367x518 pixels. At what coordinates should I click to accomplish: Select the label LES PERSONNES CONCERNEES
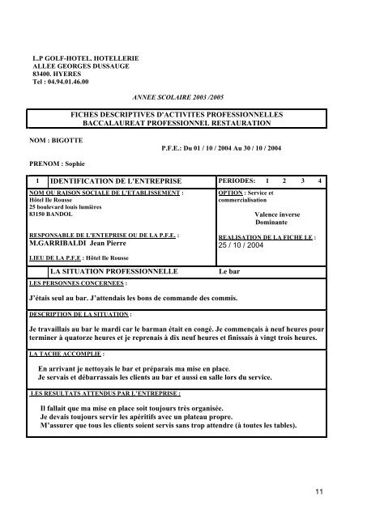[x=78, y=285]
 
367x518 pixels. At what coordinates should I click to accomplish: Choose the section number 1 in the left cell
[x=36, y=179]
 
